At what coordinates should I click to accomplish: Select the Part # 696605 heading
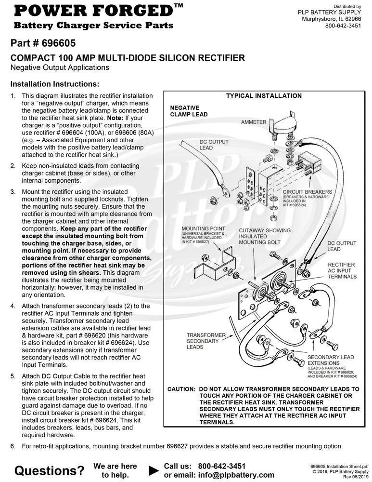point(43,43)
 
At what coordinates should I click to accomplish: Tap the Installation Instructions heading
point(55,84)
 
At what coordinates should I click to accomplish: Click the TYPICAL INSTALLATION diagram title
point(264,95)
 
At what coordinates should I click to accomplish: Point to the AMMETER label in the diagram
point(254,122)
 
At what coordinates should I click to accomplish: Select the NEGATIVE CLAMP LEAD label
point(189,111)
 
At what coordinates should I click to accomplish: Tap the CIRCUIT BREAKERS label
point(307,192)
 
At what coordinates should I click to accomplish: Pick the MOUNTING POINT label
point(203,228)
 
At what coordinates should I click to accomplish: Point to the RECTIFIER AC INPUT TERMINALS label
point(342,270)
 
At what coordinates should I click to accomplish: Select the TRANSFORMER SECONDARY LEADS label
point(206,341)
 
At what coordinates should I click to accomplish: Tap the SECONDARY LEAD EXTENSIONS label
point(331,360)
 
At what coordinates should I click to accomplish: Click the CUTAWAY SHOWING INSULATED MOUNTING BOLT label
point(265,236)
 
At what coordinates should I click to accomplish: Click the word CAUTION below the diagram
point(181,389)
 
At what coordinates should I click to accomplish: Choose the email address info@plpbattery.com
point(236,475)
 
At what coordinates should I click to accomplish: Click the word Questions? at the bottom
point(49,470)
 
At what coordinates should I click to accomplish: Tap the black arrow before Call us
point(154,470)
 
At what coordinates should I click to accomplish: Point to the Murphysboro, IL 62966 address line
point(331,19)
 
